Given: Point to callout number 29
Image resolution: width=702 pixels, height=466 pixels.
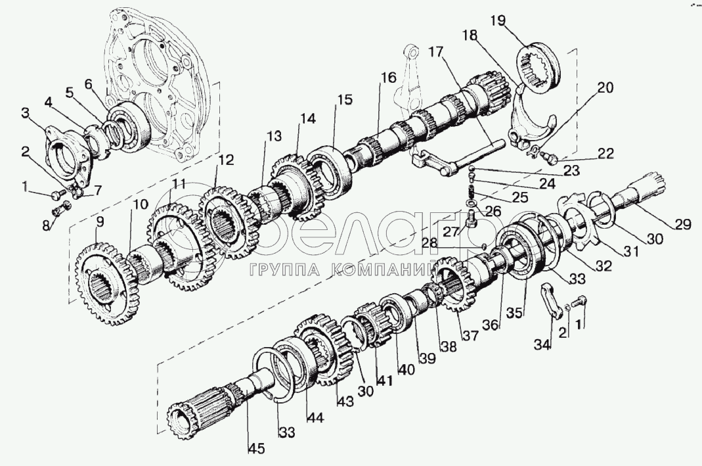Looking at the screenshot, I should pos(682,224).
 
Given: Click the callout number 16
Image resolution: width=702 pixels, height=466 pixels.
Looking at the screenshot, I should pos(387,78).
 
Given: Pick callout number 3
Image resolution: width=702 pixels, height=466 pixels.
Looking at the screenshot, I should pos(26,114).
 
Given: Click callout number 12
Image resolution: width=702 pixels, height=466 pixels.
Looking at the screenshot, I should pos(225,159).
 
